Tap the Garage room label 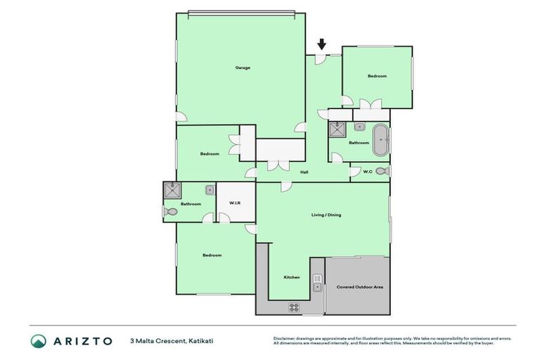pos(243,68)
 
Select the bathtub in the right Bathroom pos(380,141)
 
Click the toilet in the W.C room pos(381,171)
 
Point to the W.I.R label pos(235,203)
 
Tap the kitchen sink pos(317,283)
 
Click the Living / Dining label pos(326,214)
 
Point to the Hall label pos(304,172)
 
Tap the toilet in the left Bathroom pos(169,212)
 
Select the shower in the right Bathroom pos(337,129)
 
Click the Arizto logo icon pos(38,341)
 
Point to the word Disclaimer pos(286,338)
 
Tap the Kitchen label pos(292,277)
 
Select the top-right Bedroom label pos(377,76)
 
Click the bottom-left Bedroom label pos(212,255)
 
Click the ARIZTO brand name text pos(82,341)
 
